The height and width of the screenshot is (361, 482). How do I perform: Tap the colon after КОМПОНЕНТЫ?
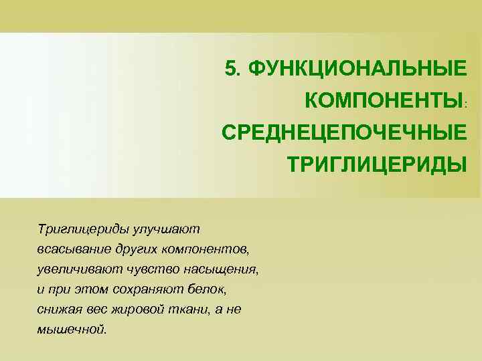pos(467,104)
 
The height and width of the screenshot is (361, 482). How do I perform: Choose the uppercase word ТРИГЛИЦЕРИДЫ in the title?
pos(376,164)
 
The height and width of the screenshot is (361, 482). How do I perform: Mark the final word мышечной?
pos(72,330)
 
